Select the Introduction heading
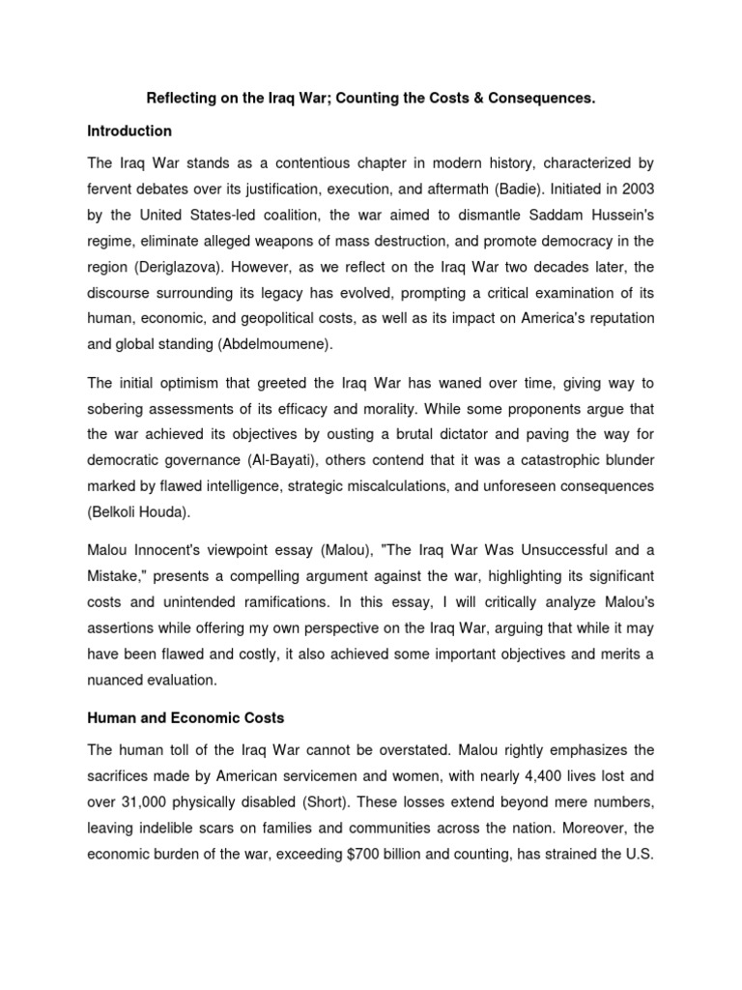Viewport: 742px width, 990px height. pos(129,131)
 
